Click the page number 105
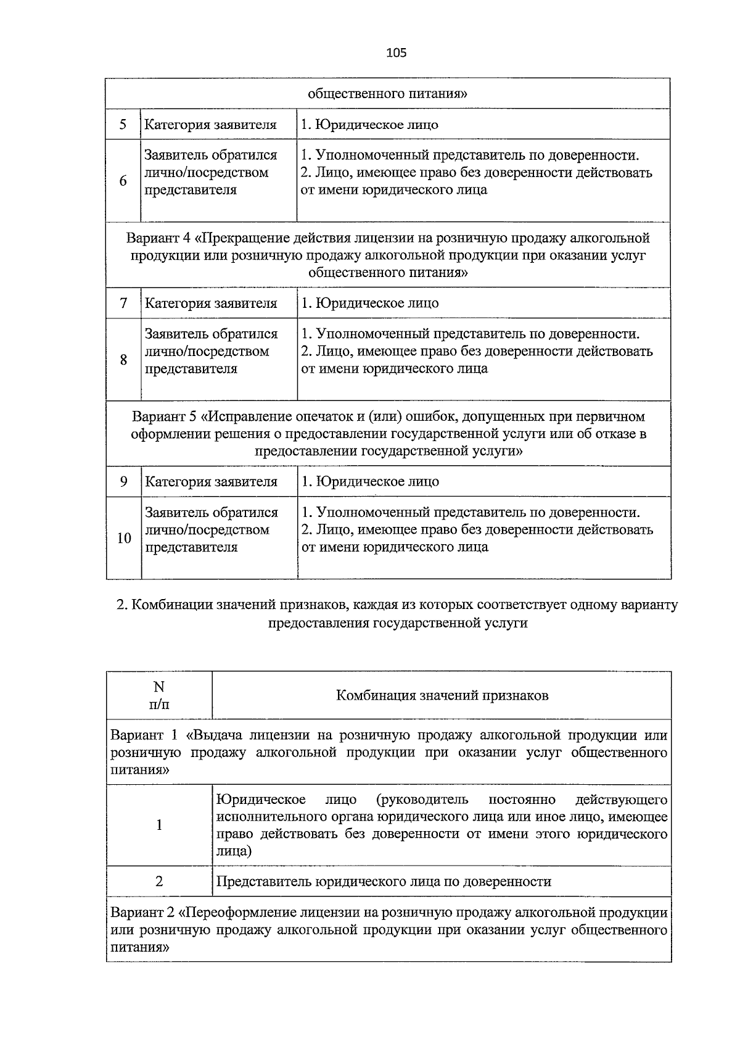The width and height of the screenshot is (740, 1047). click(396, 53)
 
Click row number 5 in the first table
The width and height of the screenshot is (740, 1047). click(123, 125)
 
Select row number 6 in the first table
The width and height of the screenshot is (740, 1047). click(123, 181)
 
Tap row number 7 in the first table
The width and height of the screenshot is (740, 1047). click(123, 303)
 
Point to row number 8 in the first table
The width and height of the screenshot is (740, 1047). click(123, 360)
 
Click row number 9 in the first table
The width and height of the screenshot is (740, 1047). click(123, 481)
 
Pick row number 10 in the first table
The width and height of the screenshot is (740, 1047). click(124, 538)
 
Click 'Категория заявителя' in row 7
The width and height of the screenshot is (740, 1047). click(211, 303)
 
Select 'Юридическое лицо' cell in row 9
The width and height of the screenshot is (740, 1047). click(370, 481)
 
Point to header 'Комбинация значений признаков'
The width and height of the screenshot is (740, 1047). click(442, 695)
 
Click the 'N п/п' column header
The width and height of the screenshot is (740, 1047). click(159, 695)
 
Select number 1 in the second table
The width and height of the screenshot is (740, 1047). click(159, 825)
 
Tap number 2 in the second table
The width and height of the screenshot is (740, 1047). click(159, 881)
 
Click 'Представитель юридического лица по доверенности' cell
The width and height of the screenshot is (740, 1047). click(383, 881)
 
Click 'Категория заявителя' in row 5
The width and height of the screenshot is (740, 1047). click(210, 125)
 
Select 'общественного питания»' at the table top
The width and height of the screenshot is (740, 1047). click(387, 94)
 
